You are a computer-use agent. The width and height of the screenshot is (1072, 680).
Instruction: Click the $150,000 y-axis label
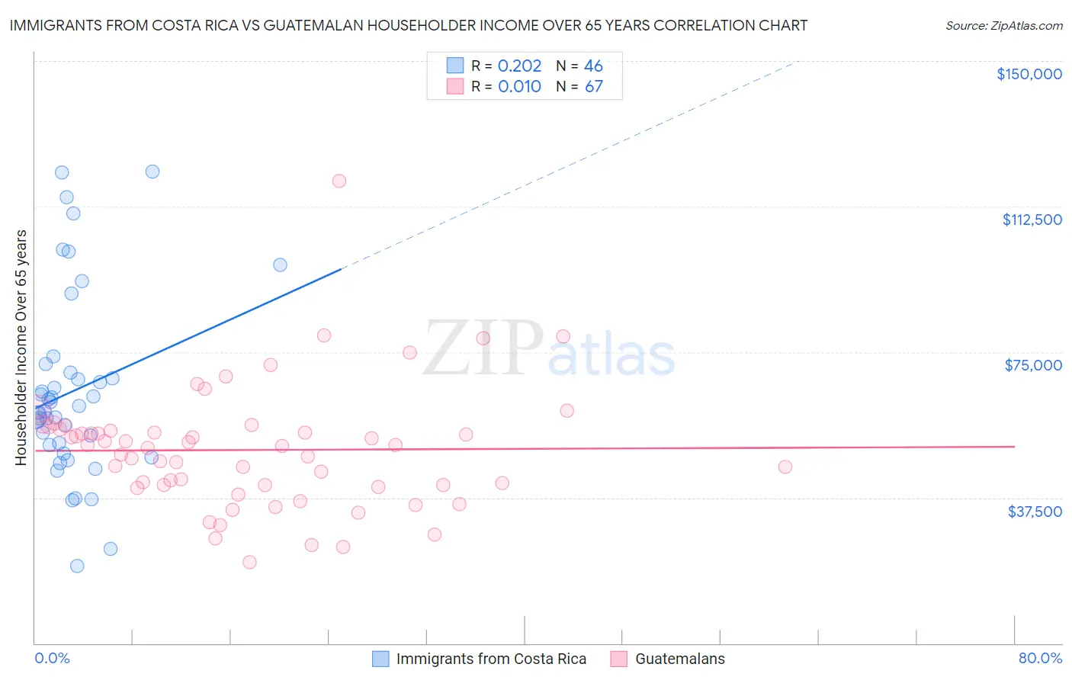pyautogui.click(x=1029, y=74)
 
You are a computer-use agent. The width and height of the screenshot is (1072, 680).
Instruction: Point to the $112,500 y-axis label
pyautogui.click(x=1032, y=220)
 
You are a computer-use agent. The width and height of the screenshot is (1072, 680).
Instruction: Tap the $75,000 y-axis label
pyautogui.click(x=1033, y=365)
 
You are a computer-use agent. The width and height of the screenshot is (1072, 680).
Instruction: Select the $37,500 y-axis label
pyautogui.click(x=1035, y=512)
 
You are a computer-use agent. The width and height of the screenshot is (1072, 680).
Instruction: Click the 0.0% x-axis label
pyautogui.click(x=52, y=659)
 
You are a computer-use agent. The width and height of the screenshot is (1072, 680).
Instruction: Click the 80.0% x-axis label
pyautogui.click(x=1040, y=659)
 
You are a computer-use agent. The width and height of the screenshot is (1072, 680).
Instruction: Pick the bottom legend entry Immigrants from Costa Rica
pyautogui.click(x=490, y=659)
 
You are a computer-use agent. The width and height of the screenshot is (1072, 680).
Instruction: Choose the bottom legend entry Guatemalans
pyautogui.click(x=679, y=659)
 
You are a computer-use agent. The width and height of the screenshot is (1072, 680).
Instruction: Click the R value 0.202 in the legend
pyautogui.click(x=519, y=66)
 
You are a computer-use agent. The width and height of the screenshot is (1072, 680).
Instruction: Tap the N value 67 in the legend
pyautogui.click(x=593, y=87)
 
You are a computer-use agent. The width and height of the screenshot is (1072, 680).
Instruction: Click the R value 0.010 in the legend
pyautogui.click(x=519, y=87)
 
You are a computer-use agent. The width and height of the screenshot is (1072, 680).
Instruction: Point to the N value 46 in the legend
pyautogui.click(x=593, y=66)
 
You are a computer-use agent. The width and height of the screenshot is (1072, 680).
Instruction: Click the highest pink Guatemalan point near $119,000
pyautogui.click(x=339, y=181)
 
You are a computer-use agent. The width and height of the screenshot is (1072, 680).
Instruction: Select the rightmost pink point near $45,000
pyautogui.click(x=785, y=467)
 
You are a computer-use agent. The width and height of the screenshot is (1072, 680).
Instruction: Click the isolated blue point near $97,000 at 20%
pyautogui.click(x=280, y=265)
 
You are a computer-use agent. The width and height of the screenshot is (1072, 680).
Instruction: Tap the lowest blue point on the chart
pyautogui.click(x=77, y=566)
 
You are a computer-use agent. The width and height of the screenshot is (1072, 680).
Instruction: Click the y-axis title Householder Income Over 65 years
pyautogui.click(x=21, y=347)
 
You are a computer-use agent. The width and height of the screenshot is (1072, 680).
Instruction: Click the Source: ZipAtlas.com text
pyautogui.click(x=1003, y=26)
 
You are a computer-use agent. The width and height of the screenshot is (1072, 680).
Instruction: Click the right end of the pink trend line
pyautogui.click(x=1014, y=447)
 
